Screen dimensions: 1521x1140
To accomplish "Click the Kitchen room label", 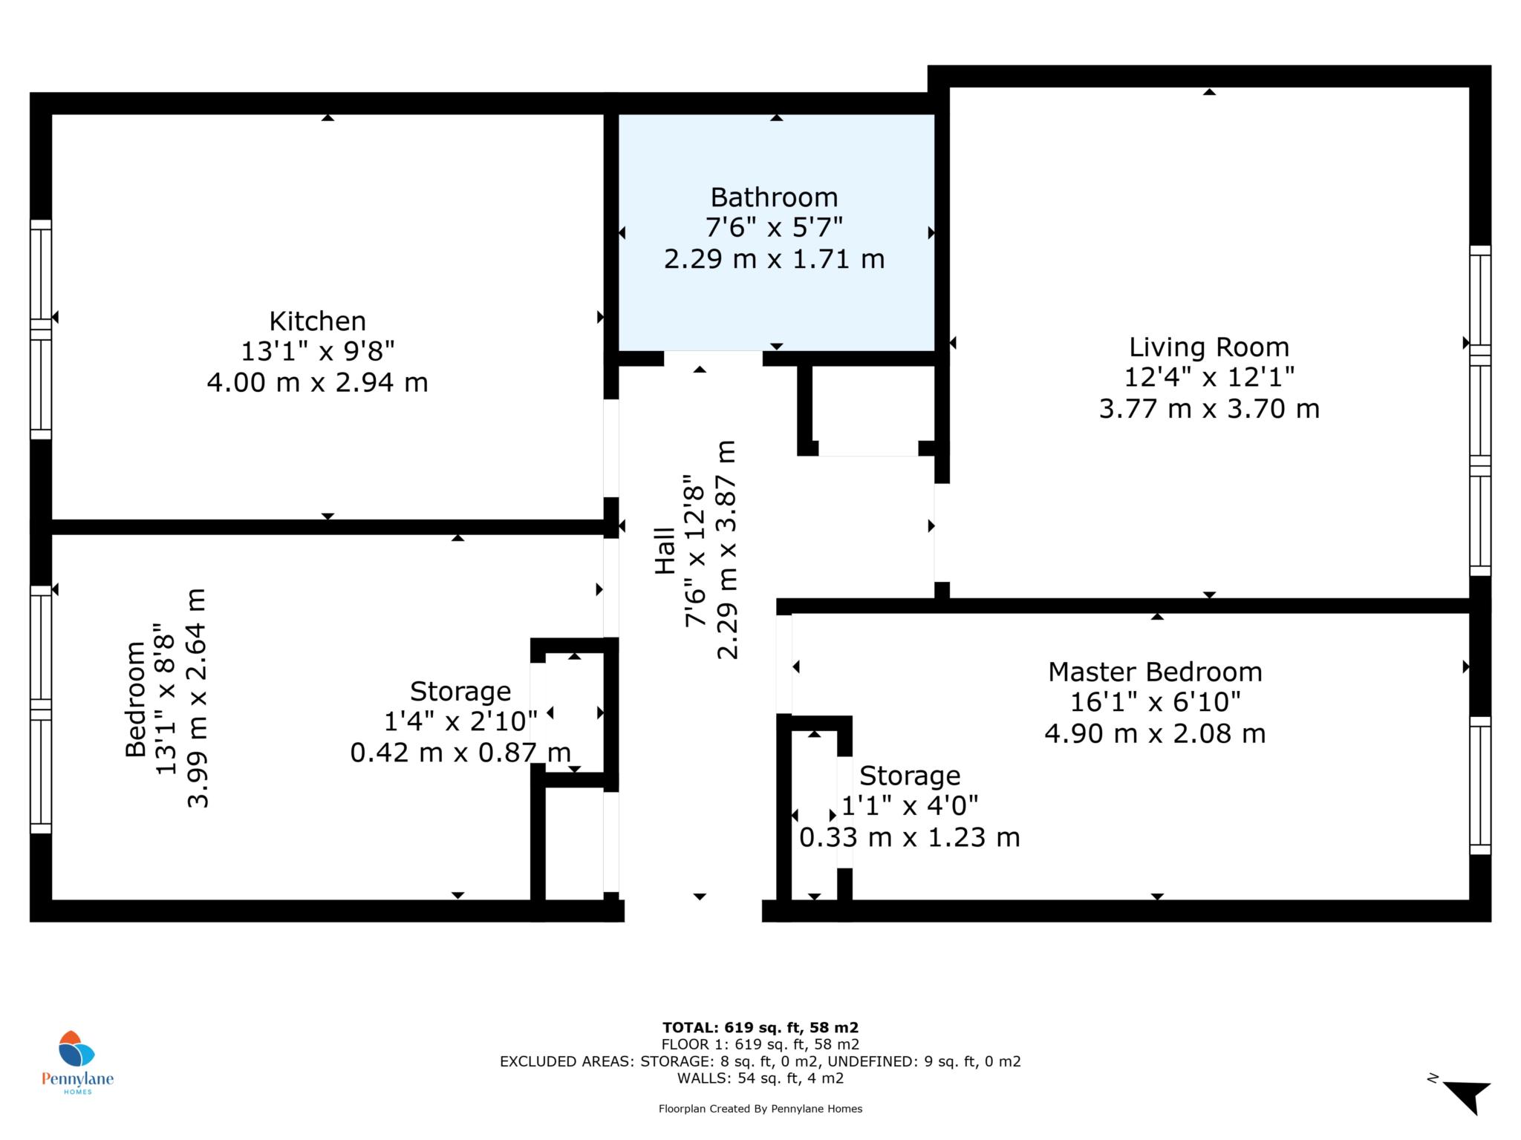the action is [x=317, y=321].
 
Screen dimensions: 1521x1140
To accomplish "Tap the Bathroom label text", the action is [x=774, y=197].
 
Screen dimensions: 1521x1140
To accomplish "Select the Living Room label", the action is [x=1209, y=347].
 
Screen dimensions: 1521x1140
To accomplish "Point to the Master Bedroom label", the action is [x=1155, y=672].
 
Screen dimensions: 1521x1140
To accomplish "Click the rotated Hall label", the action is [x=665, y=551].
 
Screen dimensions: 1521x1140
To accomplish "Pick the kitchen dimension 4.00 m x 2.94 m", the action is [x=317, y=383].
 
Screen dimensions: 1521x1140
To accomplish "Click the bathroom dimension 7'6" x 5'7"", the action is [x=774, y=227].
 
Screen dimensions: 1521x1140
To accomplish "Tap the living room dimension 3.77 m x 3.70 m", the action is [x=1209, y=409].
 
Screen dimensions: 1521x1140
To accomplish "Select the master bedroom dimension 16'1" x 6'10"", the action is [x=1155, y=702].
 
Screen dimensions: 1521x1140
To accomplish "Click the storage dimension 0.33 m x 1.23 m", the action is [x=909, y=838].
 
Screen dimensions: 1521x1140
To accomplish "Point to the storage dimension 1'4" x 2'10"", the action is [x=460, y=721].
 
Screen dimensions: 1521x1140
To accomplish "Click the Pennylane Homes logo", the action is [x=77, y=1062].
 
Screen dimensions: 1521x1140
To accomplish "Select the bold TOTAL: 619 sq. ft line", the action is [x=760, y=1028].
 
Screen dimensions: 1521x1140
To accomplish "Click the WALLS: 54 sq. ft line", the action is [x=760, y=1078].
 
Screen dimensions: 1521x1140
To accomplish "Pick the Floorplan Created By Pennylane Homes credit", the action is [x=760, y=1109].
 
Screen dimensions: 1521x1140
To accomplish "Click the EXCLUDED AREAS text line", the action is [x=760, y=1061].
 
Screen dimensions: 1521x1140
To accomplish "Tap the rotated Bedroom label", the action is [x=135, y=699].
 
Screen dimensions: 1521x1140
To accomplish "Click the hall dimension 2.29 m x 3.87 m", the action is [x=726, y=550].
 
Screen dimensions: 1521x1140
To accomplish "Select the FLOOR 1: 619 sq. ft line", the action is [x=760, y=1045].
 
